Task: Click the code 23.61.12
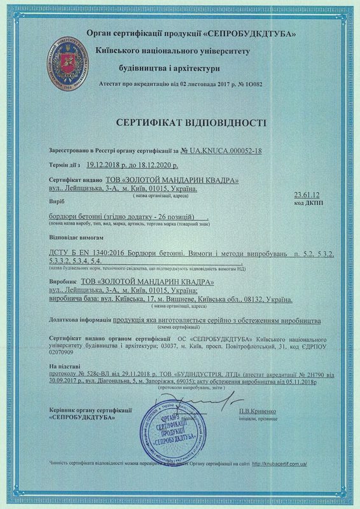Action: click(306, 194)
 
